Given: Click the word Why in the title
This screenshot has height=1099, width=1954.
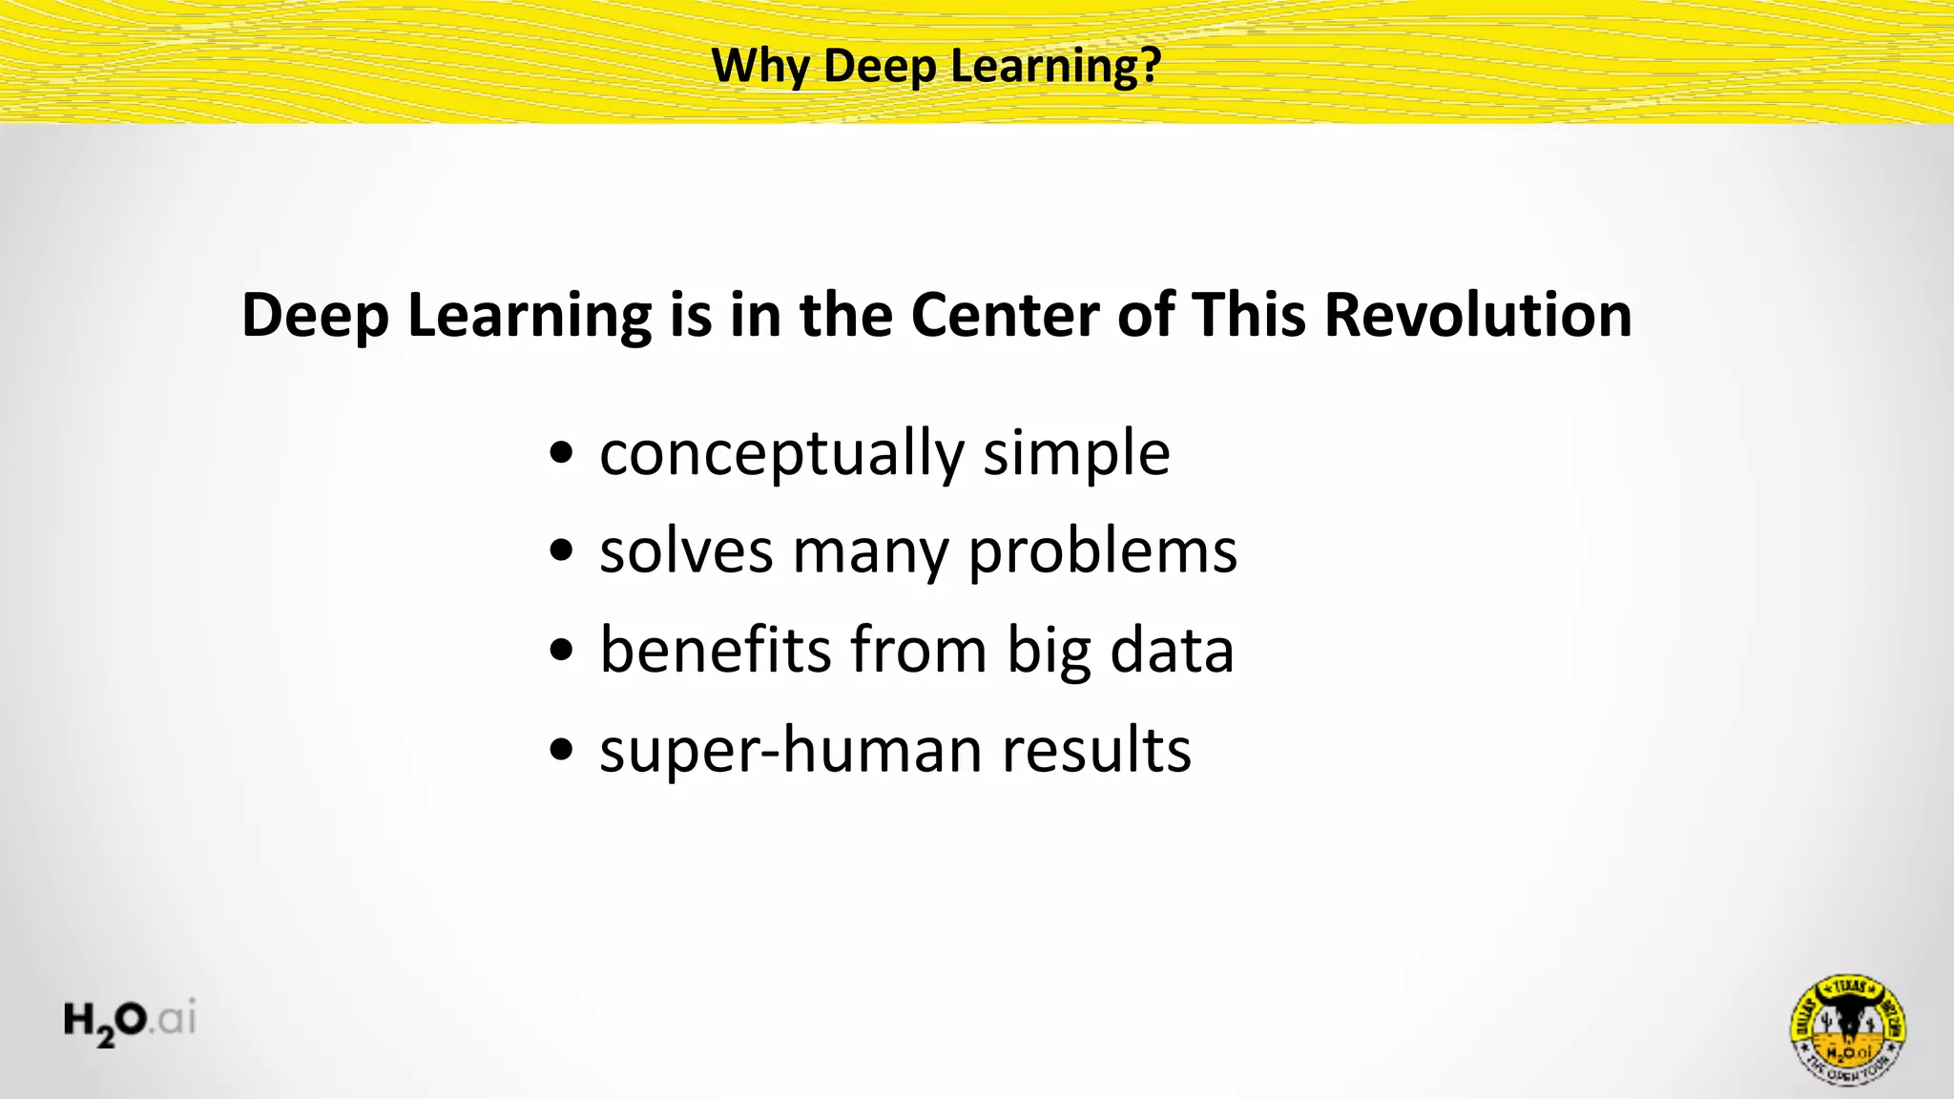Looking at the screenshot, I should pos(760,67).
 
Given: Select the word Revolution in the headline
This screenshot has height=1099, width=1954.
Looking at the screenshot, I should pos(1478,315).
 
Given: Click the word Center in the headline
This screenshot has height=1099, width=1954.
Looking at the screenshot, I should pos(1005,315).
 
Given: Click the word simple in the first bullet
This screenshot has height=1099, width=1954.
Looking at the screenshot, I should pos(1076,454).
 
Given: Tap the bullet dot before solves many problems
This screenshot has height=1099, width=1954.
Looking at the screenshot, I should pos(562,550).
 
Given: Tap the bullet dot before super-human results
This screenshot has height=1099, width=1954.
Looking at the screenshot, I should pos(562,749).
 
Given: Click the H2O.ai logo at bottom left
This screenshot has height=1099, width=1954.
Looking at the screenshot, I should pos(130,1021).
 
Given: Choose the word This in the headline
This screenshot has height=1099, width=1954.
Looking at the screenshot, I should pos(1249,315).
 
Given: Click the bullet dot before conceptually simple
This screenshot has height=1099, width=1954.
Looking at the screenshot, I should pos(562,451).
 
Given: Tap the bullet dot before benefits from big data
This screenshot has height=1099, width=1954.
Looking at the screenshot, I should pos(562,650).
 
